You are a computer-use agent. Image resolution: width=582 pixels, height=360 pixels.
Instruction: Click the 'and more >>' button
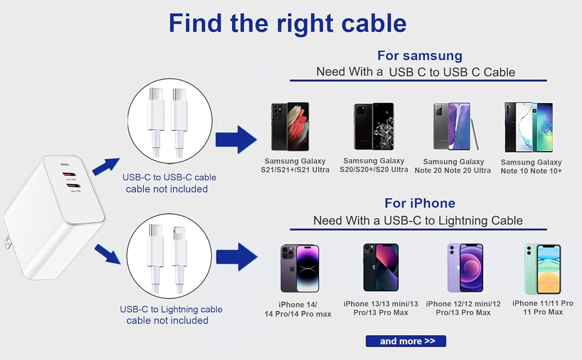(x=405, y=341)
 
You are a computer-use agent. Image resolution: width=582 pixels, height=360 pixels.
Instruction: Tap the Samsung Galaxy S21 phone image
(x=290, y=126)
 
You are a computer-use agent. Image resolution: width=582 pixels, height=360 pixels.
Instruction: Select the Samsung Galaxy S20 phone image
(x=374, y=126)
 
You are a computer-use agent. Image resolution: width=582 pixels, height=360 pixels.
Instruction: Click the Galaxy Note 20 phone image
(x=456, y=126)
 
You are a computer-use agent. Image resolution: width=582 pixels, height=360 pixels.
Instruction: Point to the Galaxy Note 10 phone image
(x=529, y=127)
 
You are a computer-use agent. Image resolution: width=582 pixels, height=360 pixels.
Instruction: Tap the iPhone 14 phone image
(x=300, y=268)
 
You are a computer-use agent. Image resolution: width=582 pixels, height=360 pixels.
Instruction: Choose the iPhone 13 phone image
(x=381, y=267)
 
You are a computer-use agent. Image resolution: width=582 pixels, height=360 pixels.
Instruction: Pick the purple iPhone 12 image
(x=465, y=268)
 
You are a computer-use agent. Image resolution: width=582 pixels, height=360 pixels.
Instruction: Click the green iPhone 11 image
(x=542, y=269)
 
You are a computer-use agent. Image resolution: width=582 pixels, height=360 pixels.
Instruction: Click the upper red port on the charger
(x=69, y=174)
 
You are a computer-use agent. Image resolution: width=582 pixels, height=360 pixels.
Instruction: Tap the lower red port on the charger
(x=74, y=185)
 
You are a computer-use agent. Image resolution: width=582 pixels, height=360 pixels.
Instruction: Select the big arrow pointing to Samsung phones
(x=236, y=140)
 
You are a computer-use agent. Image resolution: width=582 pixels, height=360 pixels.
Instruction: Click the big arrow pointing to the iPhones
(x=237, y=257)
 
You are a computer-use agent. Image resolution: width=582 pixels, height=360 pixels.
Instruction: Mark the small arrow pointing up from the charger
(x=106, y=166)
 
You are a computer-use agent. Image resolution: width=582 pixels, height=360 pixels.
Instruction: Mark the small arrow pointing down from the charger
(x=107, y=254)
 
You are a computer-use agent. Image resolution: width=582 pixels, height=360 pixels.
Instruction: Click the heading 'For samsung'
(x=420, y=55)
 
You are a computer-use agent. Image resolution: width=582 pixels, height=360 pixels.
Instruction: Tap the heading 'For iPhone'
(x=420, y=203)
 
